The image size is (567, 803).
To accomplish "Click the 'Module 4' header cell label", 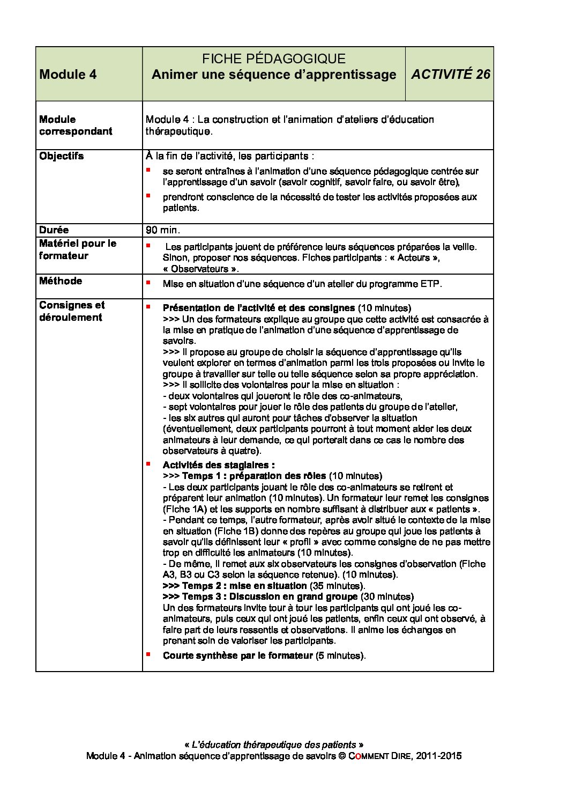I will [x=68, y=75].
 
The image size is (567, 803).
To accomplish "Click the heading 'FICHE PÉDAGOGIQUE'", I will [x=273, y=59].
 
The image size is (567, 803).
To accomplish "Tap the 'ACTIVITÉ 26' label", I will [x=450, y=75].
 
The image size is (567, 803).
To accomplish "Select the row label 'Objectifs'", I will [x=62, y=156].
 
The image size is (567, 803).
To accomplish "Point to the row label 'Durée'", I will [x=54, y=230].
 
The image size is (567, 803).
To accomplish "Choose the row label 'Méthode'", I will [x=61, y=281].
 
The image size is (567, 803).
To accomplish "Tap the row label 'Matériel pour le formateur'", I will [x=77, y=249].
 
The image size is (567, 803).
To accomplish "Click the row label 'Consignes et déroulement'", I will [x=71, y=311].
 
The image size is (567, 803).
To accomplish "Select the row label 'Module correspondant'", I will [x=76, y=125].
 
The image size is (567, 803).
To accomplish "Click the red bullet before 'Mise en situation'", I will [x=148, y=282].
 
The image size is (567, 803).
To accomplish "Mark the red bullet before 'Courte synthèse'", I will [x=148, y=654].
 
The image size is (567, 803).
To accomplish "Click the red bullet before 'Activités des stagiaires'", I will [x=148, y=463].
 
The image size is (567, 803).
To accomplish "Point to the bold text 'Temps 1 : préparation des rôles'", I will [x=254, y=476].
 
